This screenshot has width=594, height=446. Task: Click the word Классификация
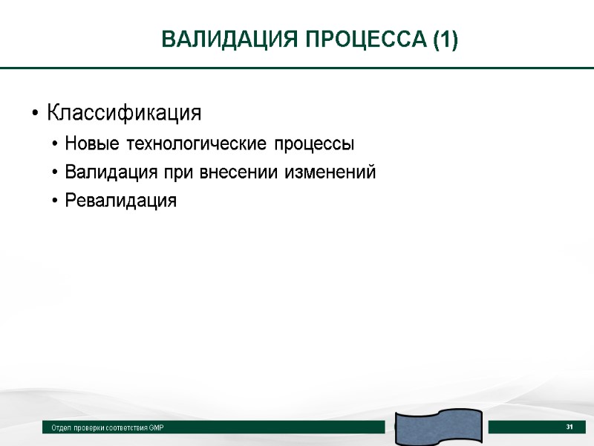[124, 114]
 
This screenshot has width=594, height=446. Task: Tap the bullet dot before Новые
[55, 143]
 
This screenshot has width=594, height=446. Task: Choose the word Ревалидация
[121, 201]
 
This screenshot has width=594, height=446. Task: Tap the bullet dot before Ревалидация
[55, 201]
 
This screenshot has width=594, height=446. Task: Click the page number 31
[570, 427]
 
